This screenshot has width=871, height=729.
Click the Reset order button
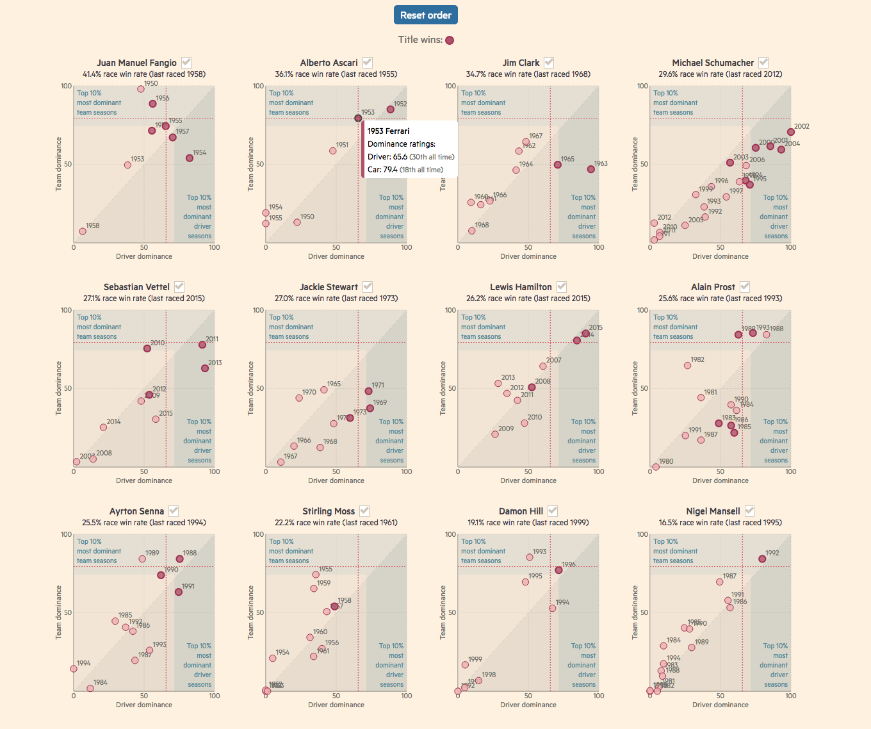click(426, 15)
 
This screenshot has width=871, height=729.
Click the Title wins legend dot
click(450, 40)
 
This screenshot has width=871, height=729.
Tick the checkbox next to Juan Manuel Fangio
click(186, 62)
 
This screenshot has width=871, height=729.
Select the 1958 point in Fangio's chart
click(83, 231)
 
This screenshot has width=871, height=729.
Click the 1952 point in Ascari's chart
click(391, 110)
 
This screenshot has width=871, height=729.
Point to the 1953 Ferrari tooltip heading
click(388, 131)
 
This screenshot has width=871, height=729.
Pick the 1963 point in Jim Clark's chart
click(591, 169)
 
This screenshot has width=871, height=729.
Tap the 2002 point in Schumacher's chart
click(791, 132)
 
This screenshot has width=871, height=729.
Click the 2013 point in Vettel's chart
click(205, 368)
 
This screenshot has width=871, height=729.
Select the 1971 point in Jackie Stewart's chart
click(368, 391)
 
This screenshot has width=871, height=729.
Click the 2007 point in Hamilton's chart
click(543, 366)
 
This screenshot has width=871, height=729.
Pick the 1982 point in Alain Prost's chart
click(688, 366)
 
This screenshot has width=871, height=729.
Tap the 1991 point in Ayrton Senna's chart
click(179, 592)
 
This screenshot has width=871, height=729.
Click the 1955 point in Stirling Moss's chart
click(316, 575)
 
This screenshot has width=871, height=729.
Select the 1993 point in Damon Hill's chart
click(530, 557)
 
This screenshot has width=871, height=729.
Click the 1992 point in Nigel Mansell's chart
click(762, 559)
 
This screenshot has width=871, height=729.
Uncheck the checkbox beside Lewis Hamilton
click(562, 286)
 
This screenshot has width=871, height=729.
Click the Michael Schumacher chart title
click(713, 63)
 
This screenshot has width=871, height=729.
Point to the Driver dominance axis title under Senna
click(144, 705)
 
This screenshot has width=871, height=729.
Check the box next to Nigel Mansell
click(749, 511)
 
